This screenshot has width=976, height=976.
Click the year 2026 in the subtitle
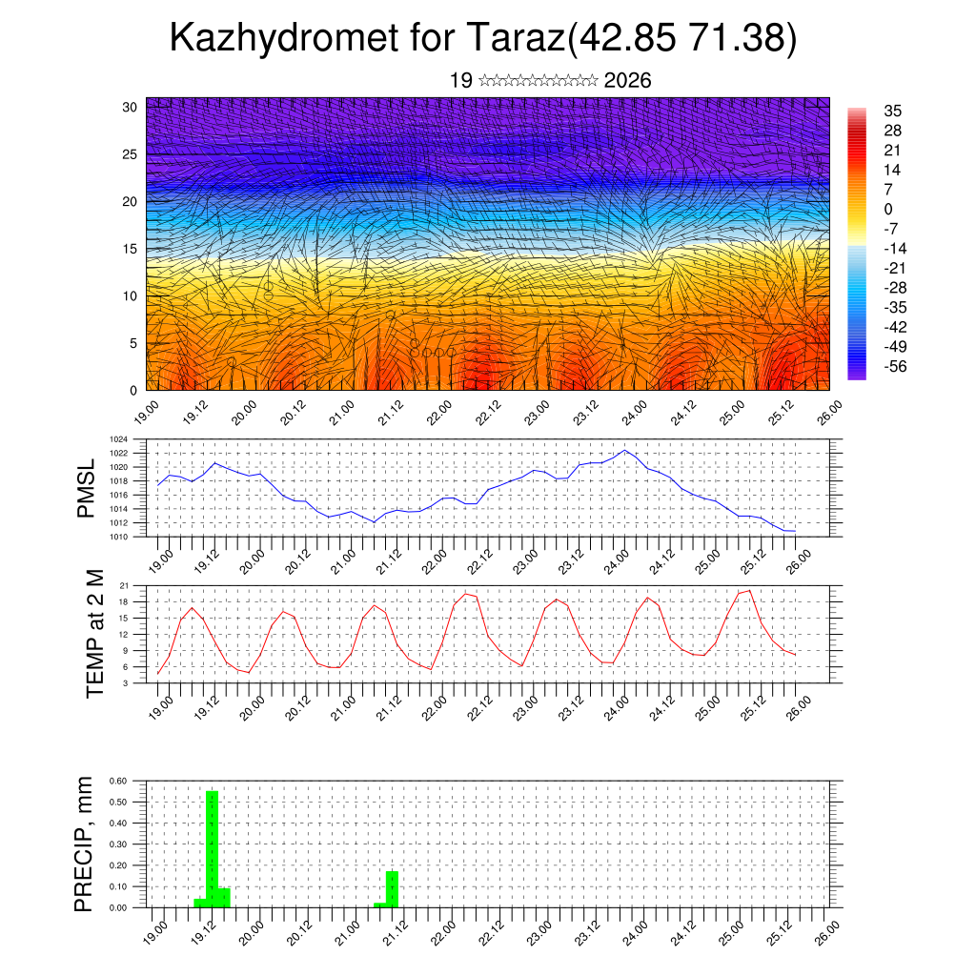(x=628, y=81)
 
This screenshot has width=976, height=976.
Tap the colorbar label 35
(x=893, y=111)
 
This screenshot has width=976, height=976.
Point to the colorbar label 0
(x=888, y=209)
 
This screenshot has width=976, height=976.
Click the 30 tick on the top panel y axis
(x=130, y=107)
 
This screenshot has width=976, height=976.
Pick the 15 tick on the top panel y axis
(x=130, y=249)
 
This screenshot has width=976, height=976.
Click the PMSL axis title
(x=87, y=487)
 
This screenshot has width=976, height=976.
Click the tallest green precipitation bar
(x=212, y=848)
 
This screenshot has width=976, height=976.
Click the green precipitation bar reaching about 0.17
(x=392, y=889)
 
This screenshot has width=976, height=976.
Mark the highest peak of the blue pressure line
(x=624, y=450)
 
